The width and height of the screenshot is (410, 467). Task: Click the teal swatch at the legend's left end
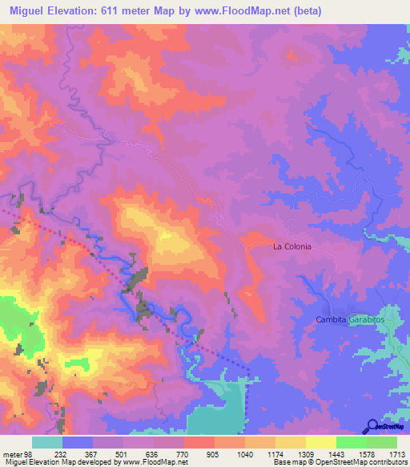click(47, 442)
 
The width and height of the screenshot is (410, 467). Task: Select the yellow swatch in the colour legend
click(320, 442)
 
